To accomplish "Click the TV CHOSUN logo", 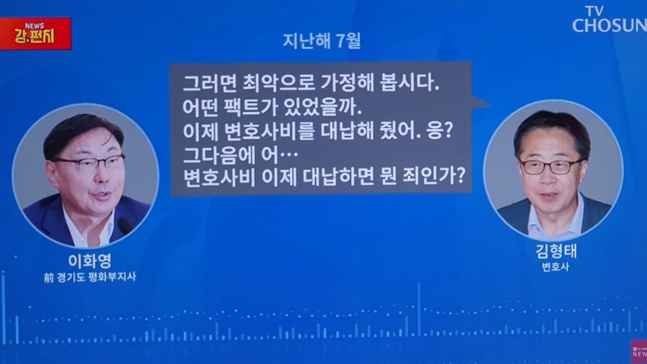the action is [610, 19].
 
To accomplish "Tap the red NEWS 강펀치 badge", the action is [36, 34].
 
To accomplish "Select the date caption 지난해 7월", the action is [322, 41].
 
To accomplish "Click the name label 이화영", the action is [90, 261].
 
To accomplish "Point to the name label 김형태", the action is [556, 251].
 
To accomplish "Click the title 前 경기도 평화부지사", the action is [90, 277].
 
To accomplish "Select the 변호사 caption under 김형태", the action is [556, 267].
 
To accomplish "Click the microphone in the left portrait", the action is [125, 225].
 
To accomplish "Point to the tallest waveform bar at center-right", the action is [419, 309].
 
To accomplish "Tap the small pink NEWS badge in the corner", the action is [639, 352].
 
